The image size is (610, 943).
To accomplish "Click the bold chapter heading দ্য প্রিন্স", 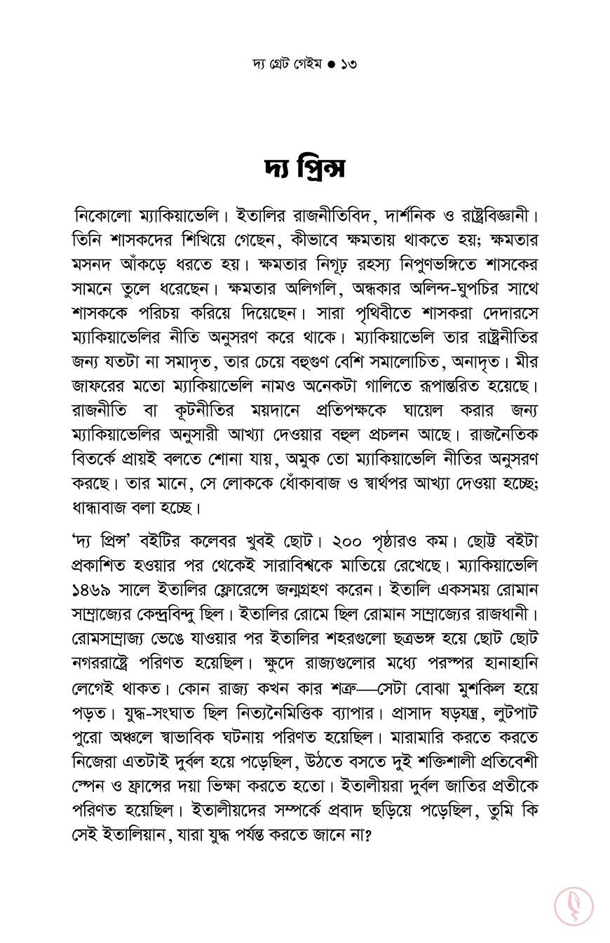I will [305, 169].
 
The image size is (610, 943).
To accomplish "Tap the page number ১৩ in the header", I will [348, 65].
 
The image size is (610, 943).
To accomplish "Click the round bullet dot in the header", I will [331, 65].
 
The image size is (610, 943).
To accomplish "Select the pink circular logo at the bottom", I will [574, 906].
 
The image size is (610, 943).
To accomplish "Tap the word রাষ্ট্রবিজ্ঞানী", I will [501, 215].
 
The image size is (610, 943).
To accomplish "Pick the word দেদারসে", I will [504, 313].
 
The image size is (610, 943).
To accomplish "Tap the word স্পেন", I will [90, 785].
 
